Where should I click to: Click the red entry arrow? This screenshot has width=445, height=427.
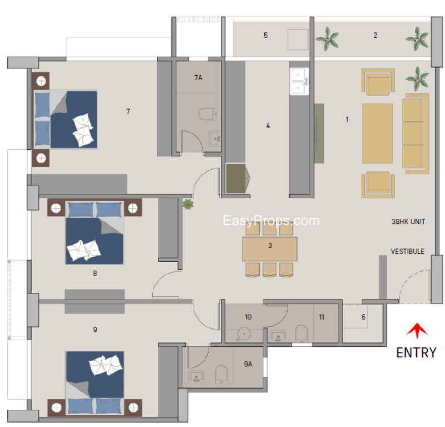click(417, 330)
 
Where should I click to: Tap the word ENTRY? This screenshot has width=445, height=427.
click(416, 353)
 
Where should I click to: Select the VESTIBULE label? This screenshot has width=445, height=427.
click(408, 252)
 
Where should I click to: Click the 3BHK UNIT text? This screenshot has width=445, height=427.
click(408, 222)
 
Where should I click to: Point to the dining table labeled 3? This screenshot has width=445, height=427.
click(270, 249)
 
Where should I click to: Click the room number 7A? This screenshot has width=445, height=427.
click(199, 77)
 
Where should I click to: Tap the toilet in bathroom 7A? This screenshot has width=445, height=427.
click(207, 114)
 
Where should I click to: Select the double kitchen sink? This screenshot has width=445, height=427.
click(299, 81)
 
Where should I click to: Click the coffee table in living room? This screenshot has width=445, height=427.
click(377, 133)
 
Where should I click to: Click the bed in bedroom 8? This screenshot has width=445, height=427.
click(95, 233)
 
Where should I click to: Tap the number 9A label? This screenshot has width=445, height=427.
click(248, 364)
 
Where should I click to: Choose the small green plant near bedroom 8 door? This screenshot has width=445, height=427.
click(187, 204)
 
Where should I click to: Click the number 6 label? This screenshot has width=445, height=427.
click(363, 317)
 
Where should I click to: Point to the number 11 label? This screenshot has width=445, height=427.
click(322, 317)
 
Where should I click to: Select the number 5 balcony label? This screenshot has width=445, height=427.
click(266, 35)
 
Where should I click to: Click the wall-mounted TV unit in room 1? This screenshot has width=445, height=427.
click(319, 133)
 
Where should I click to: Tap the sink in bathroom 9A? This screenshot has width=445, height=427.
click(196, 377)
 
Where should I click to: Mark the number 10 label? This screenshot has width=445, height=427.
click(248, 317)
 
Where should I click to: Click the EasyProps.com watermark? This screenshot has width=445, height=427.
click(271, 221)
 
